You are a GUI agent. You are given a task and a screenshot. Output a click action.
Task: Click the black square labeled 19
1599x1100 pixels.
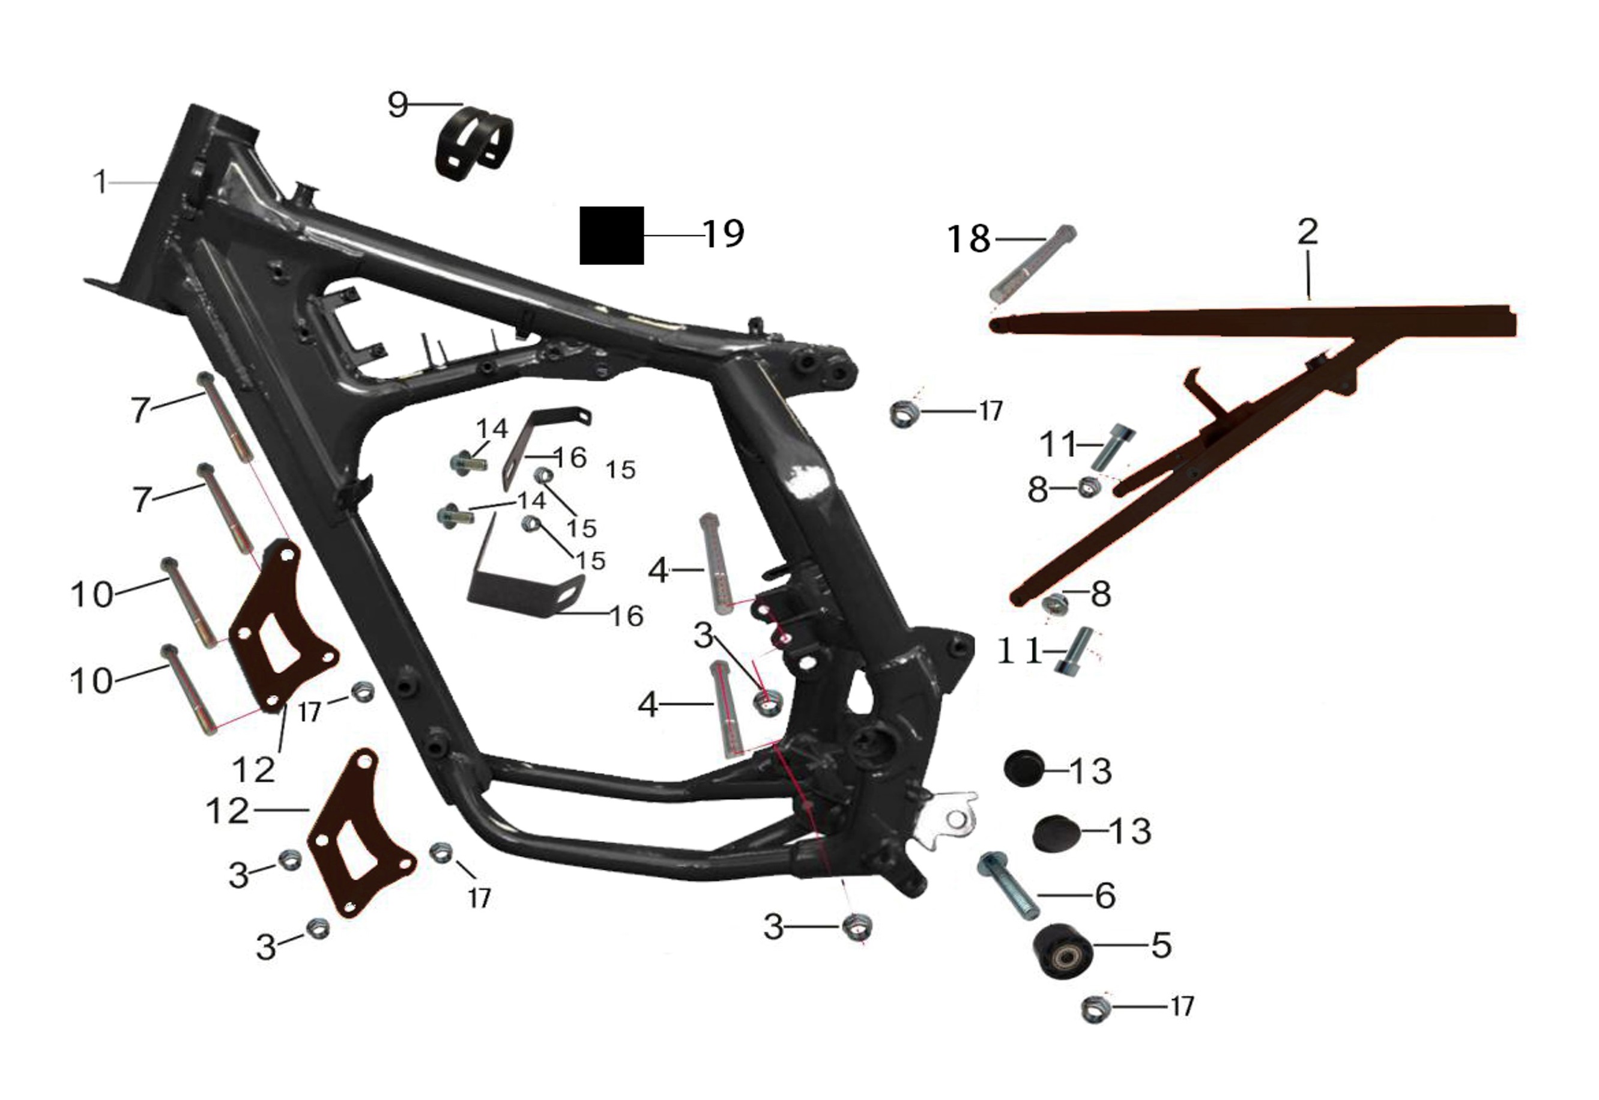(611, 235)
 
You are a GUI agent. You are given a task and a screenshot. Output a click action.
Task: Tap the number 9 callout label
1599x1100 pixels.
(398, 105)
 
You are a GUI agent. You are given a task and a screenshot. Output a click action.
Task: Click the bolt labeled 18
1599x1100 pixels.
(1032, 263)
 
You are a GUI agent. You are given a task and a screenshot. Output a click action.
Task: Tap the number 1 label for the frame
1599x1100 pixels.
(101, 182)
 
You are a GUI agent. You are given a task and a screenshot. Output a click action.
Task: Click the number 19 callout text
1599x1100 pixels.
(724, 234)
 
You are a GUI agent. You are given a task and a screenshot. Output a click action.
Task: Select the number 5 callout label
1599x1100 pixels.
(1161, 945)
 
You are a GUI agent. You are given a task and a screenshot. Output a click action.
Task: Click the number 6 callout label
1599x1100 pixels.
(1105, 895)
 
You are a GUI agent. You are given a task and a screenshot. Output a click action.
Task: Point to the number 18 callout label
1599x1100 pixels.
(968, 239)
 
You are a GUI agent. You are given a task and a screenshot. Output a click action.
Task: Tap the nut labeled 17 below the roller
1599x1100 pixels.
(1095, 1010)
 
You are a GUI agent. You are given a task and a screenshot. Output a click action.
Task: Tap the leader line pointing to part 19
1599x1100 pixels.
(674, 235)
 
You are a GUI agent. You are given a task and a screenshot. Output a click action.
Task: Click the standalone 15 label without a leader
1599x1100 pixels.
(620, 470)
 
